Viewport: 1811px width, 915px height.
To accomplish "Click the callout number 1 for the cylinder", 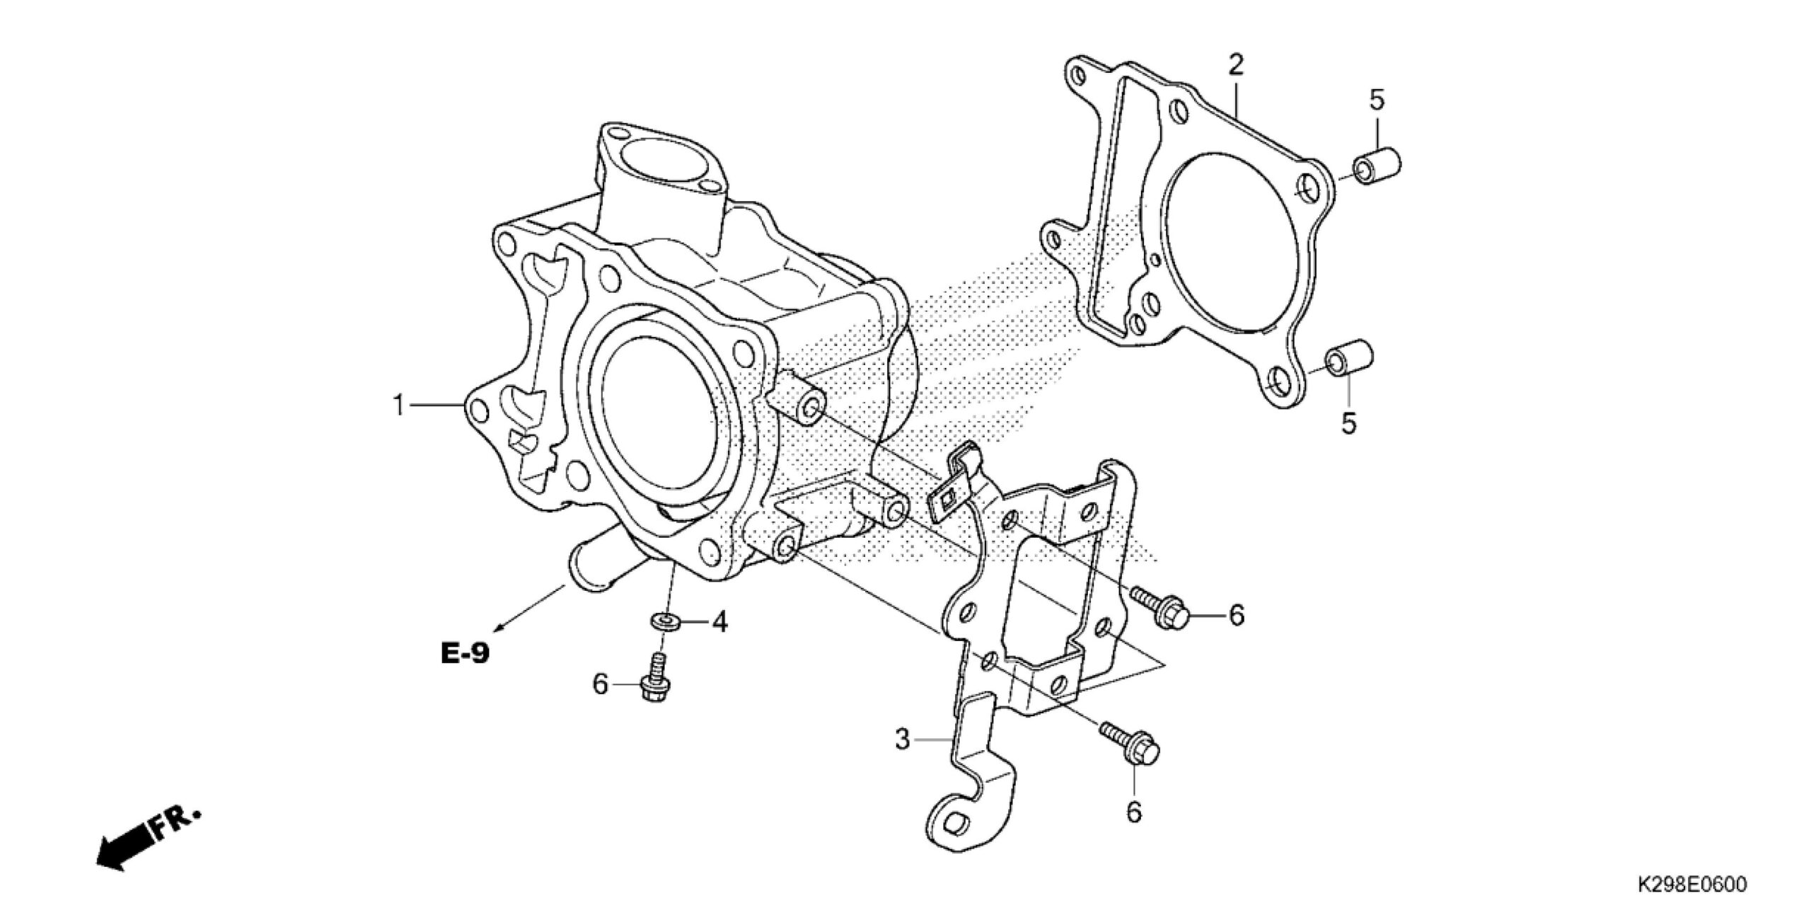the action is (399, 406).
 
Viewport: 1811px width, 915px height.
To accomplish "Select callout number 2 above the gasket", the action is (1235, 66).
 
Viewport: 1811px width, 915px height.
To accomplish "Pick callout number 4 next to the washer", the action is (719, 623).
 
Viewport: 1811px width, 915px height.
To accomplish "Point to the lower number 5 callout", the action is (1350, 424).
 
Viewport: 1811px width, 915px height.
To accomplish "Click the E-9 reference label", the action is (464, 653).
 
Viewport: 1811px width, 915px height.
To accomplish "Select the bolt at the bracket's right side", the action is (1160, 606).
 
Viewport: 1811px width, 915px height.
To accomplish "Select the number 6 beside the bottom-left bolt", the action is (601, 684).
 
